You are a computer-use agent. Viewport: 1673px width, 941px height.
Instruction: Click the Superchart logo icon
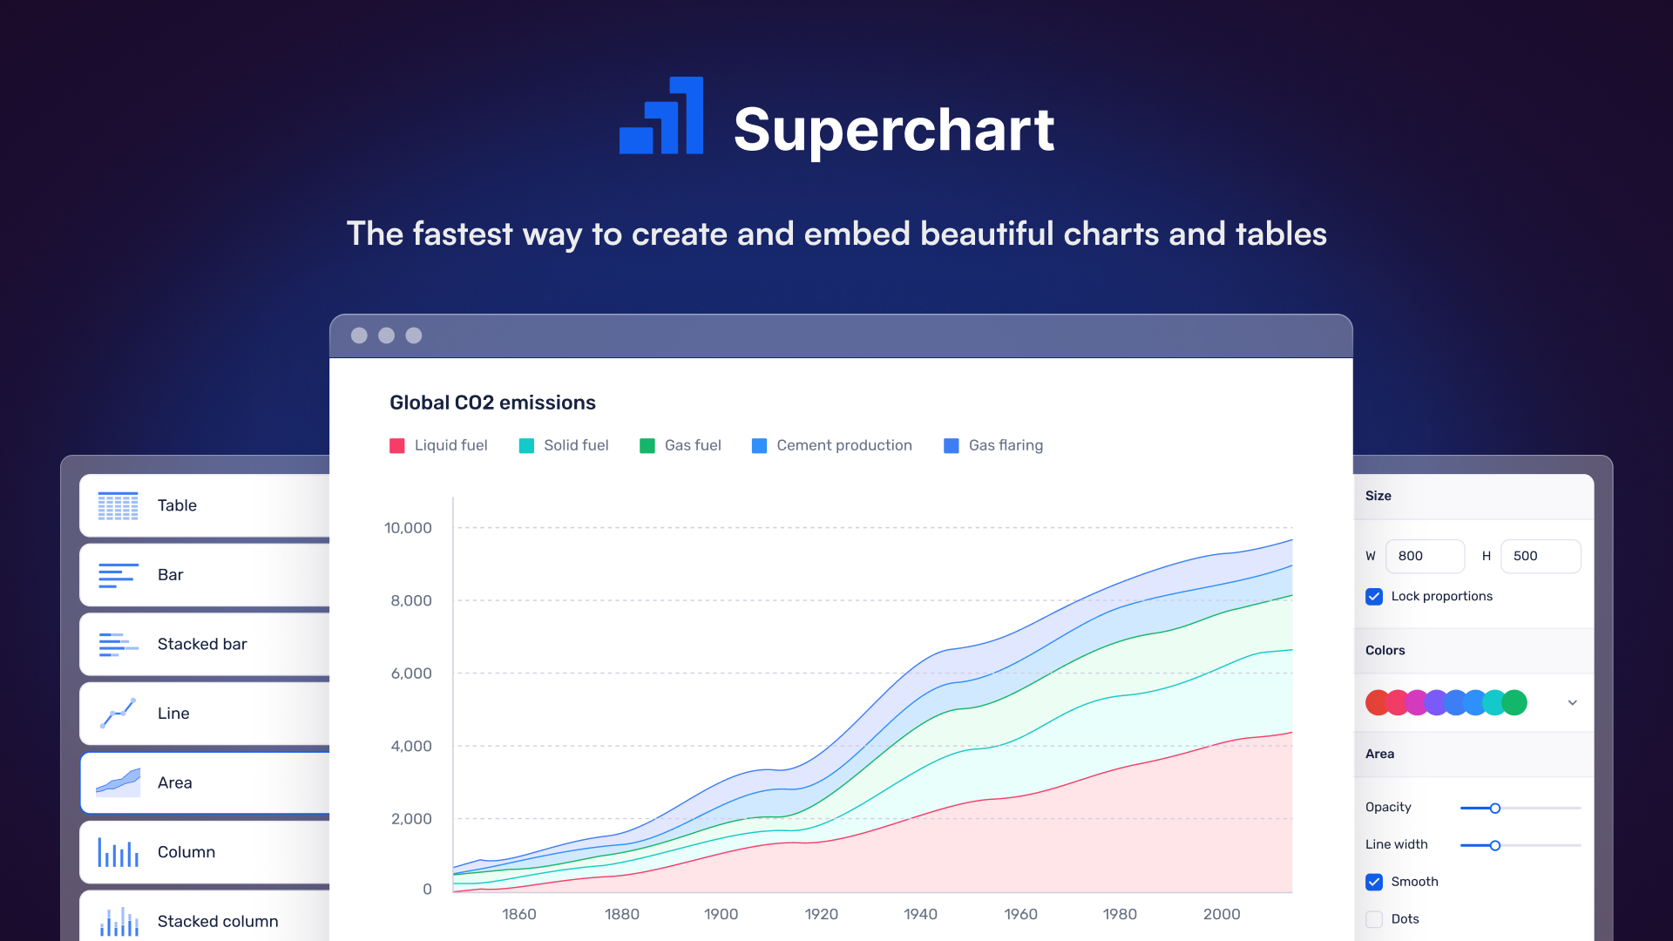[x=662, y=117]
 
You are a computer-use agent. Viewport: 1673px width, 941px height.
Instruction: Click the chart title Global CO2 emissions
[x=492, y=403]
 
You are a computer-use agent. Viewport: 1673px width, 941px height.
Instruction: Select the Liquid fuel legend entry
[x=439, y=445]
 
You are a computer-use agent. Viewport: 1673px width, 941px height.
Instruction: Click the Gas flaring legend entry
[x=994, y=445]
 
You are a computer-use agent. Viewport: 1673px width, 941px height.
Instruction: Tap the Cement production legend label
[x=843, y=445]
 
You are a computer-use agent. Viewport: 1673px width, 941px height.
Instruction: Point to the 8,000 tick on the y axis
[x=411, y=600]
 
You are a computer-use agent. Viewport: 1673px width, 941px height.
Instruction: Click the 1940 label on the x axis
[x=920, y=914]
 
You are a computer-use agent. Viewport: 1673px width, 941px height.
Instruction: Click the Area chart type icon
[x=119, y=782]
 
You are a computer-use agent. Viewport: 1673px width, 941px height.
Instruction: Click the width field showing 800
[x=1425, y=556]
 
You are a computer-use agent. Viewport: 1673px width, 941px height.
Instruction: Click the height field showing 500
[x=1540, y=556]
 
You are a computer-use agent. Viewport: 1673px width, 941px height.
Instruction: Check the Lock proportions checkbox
[x=1374, y=597]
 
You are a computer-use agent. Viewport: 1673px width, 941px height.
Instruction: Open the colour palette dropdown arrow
[x=1573, y=702]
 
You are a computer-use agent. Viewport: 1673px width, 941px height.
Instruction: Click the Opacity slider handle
[x=1495, y=809]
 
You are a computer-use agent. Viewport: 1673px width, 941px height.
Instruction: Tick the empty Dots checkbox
[x=1374, y=919]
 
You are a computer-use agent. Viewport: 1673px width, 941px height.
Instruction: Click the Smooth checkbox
[x=1374, y=882]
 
